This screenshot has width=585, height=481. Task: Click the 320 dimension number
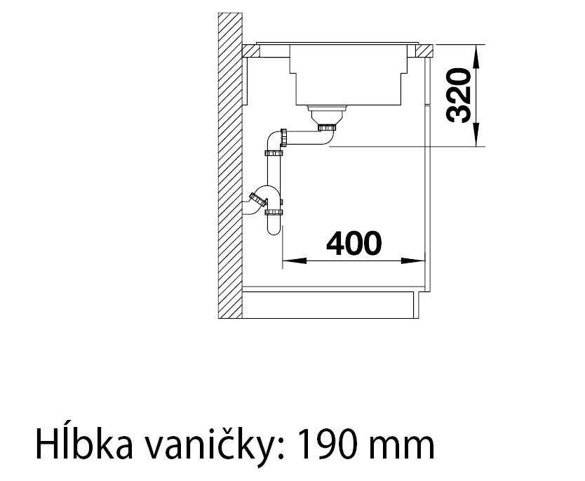[x=458, y=95]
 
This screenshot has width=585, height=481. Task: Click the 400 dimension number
[x=354, y=243]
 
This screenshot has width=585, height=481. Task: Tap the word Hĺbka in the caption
[x=84, y=444]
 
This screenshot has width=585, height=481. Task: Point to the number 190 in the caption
[x=328, y=444]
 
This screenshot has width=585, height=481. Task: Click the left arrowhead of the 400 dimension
[x=295, y=261]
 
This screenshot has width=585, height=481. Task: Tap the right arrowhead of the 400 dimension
[x=413, y=261]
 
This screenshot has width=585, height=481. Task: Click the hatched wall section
[x=230, y=166]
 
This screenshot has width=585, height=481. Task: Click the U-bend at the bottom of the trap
[x=274, y=227]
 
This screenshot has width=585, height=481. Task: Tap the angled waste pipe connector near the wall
[x=259, y=200]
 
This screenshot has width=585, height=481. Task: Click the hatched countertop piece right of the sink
[x=424, y=51]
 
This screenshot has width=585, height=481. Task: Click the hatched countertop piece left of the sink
[x=250, y=51]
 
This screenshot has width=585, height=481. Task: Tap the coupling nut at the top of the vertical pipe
[x=274, y=153]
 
